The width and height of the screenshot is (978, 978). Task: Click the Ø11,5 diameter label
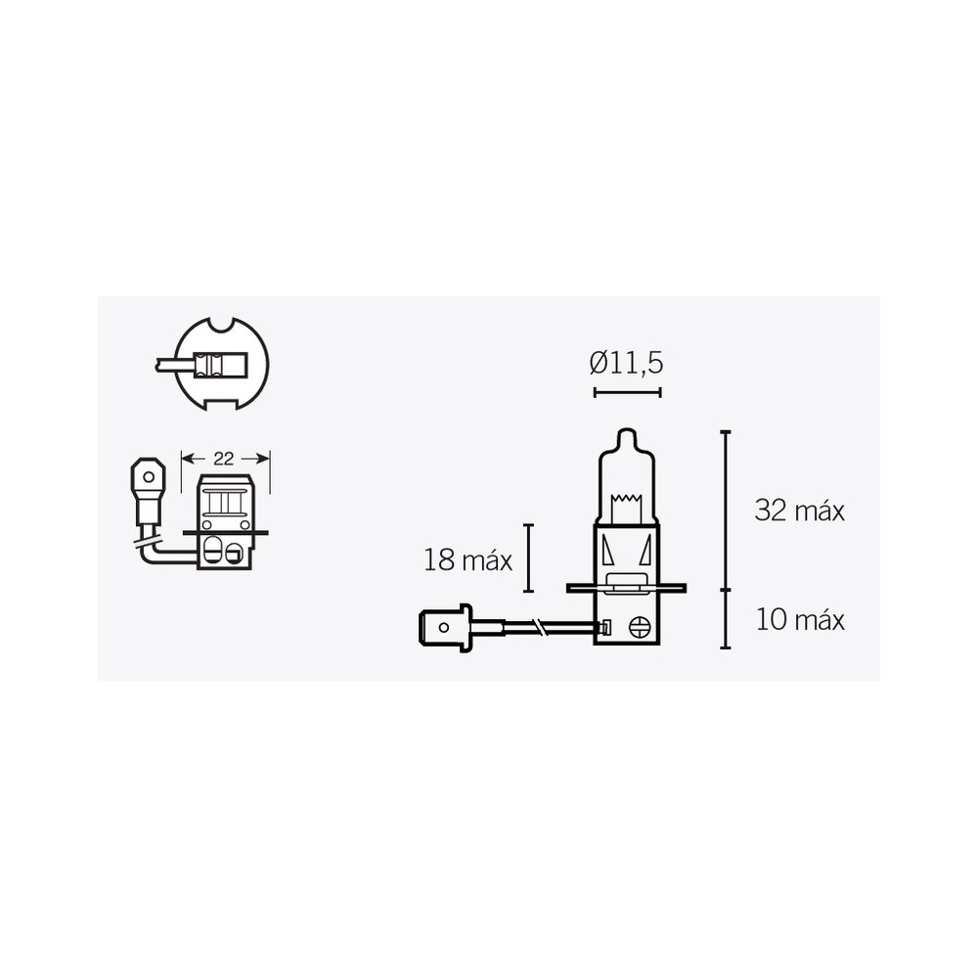coord(627,363)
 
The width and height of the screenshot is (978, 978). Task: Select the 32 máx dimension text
coord(799,510)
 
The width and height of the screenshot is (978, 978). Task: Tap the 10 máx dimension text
coord(799,620)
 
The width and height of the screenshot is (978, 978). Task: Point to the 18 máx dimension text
coord(468,560)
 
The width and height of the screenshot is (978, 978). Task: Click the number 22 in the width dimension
coord(226,458)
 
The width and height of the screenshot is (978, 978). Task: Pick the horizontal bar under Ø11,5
coord(627,392)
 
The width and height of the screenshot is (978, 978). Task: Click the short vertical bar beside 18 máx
coord(528,558)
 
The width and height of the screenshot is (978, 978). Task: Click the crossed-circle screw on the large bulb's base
coord(641,628)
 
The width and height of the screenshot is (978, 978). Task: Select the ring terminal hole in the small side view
coord(148,478)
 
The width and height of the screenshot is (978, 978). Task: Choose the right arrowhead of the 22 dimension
coord(264,458)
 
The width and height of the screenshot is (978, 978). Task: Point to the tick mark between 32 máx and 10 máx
coord(725,590)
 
